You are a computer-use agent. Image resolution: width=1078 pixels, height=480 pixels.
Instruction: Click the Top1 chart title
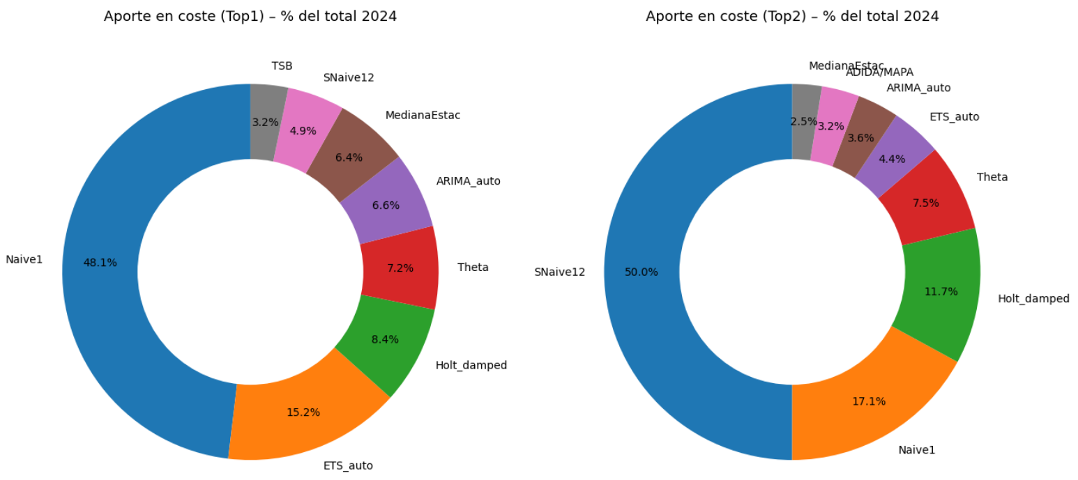coord(250,17)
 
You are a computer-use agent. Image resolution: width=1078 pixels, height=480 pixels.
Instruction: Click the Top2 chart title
coord(792,17)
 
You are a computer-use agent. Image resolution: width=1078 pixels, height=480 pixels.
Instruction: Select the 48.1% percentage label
coord(100,263)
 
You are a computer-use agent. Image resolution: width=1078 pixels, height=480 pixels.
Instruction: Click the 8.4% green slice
coord(385,340)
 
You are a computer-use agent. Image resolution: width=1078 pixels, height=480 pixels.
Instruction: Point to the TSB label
coord(282,66)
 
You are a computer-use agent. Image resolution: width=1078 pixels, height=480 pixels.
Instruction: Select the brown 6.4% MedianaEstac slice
coord(349,157)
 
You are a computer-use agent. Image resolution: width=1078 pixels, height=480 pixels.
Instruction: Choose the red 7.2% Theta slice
coord(400,268)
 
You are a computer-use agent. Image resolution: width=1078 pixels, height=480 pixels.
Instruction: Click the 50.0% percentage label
coord(642,272)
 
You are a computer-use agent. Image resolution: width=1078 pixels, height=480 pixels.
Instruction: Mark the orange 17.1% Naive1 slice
coord(869,401)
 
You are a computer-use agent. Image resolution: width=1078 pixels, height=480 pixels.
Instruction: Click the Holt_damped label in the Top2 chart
coord(1033,299)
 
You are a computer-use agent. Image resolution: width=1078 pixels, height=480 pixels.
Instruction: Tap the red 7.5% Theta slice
coord(925,203)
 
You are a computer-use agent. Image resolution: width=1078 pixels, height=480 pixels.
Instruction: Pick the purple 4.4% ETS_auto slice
coord(892,159)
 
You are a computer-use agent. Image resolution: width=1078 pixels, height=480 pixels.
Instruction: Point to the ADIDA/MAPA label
coord(879,72)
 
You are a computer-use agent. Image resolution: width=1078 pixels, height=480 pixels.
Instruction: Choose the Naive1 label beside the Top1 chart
coord(24,260)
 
